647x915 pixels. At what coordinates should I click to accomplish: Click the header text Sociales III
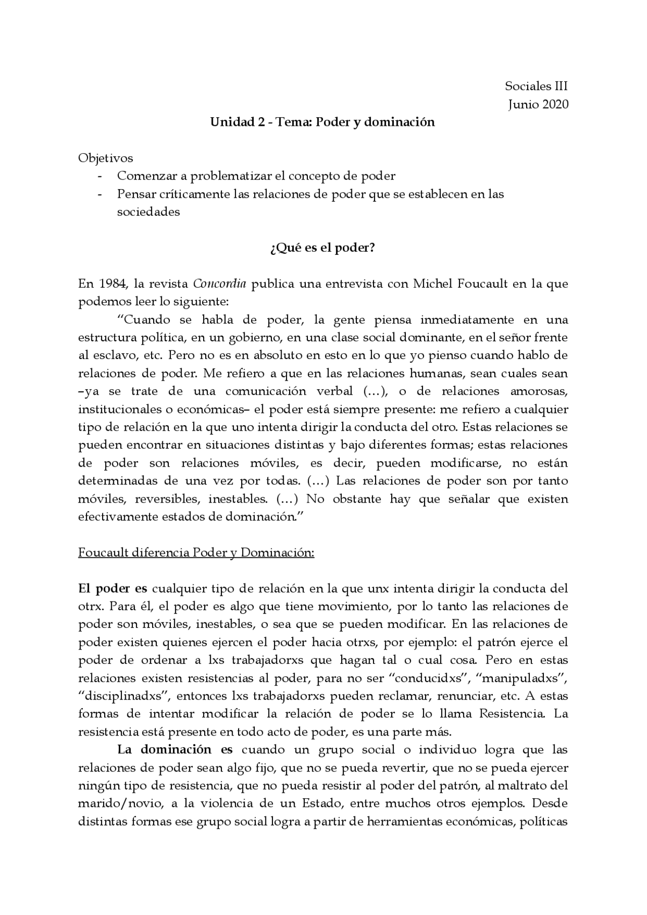point(536,86)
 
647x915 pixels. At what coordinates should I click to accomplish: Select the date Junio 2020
point(538,104)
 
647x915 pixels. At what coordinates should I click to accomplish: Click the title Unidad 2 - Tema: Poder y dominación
point(322,122)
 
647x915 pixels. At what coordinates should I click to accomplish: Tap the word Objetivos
point(106,158)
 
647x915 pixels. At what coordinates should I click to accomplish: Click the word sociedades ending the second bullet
point(148,212)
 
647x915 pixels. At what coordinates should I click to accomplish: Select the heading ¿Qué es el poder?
point(322,248)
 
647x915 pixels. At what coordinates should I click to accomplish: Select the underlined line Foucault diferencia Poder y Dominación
point(196,553)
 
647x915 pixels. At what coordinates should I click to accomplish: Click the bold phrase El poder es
point(113,588)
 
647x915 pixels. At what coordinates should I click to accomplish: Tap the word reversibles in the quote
point(167,499)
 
